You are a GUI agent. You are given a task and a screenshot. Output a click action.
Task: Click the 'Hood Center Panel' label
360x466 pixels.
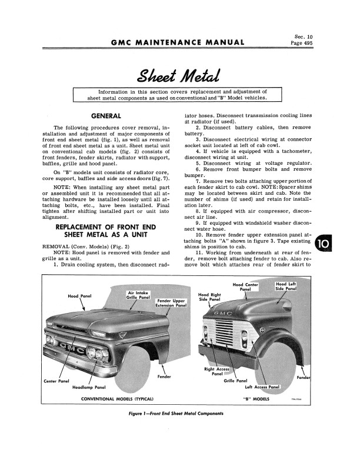[x=246, y=287]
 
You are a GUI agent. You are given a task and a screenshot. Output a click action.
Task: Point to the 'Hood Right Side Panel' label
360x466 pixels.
[x=211, y=298]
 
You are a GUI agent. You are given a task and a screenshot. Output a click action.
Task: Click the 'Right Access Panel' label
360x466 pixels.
[x=217, y=371]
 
